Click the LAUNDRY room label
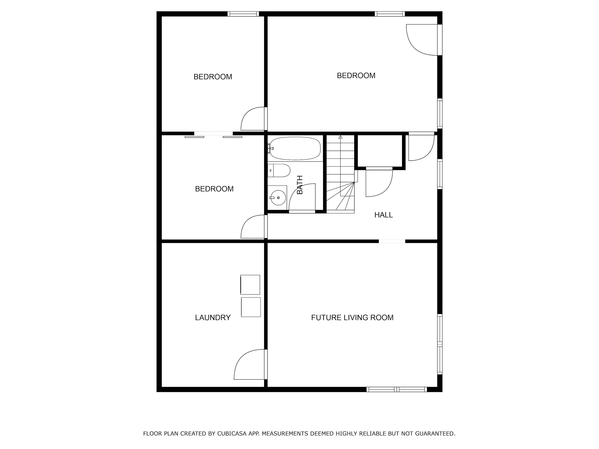(213, 317)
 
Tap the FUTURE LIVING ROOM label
(352, 317)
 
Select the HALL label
(383, 215)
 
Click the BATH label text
(300, 185)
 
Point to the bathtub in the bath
(295, 148)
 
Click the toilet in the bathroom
(279, 170)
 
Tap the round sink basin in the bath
(278, 198)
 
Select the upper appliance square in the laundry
(250, 285)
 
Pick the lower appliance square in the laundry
(251, 307)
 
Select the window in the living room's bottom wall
(397, 390)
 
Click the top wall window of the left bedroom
(243, 14)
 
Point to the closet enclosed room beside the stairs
(380, 150)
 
